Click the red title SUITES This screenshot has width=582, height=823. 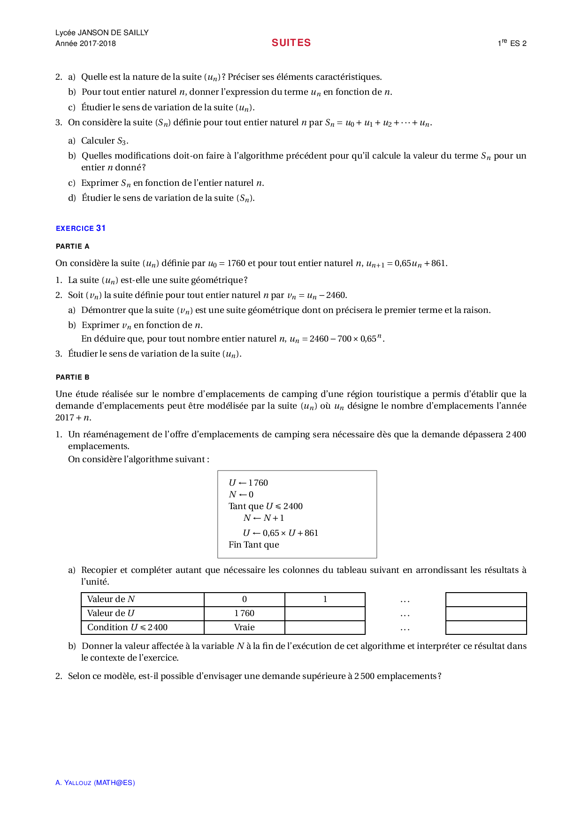291,43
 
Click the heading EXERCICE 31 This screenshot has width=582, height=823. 81,228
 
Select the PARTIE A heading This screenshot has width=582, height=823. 72,246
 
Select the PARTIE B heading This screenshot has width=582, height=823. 72,377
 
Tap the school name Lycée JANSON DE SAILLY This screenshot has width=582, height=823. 102,32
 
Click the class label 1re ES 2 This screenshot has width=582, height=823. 512,43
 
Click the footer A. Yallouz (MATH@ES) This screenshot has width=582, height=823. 95,783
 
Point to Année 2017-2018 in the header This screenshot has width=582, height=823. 85,44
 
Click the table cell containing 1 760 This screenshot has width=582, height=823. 244,613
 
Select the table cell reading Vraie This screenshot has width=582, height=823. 244,627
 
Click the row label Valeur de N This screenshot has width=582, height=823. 111,599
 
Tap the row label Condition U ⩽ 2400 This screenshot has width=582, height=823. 127,627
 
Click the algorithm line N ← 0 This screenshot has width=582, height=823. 241,495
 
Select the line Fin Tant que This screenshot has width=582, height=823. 253,545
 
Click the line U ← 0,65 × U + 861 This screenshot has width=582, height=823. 280,533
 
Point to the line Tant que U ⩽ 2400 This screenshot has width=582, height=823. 265,506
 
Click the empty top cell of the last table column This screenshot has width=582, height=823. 486,600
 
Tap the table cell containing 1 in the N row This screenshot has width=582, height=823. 325,599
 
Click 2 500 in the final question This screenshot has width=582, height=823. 364,676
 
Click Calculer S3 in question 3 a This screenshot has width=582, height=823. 104,141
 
